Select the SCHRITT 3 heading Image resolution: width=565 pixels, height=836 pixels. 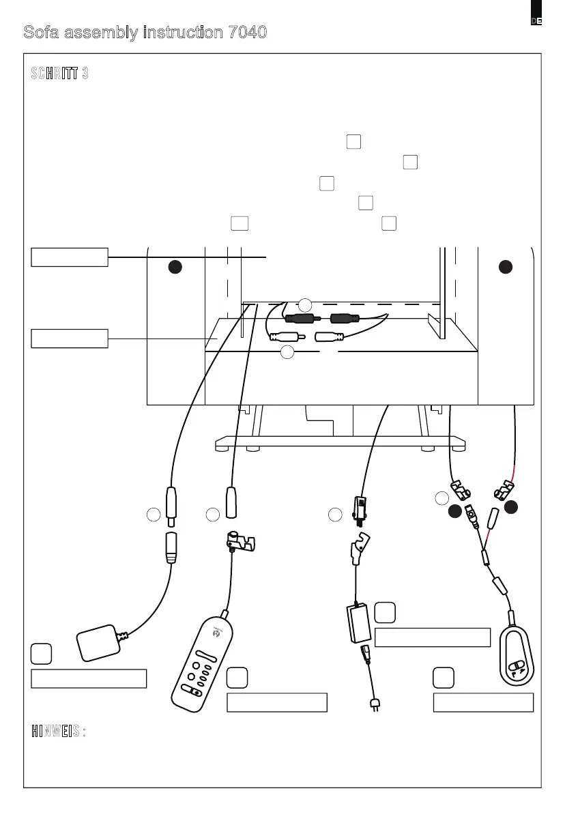point(59,74)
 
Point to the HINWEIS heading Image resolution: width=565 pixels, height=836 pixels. point(58,732)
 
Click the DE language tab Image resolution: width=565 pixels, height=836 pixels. point(536,20)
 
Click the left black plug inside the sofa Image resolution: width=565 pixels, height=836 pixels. point(299,318)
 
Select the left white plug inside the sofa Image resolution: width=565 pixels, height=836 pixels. point(284,336)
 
